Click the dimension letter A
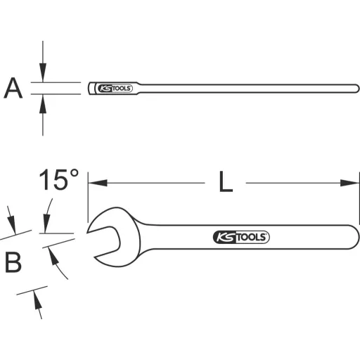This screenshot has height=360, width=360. click(13, 89)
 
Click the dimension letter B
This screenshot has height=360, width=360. click(13, 262)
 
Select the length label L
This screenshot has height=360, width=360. click(224, 183)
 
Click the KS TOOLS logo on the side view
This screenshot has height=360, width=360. click(113, 89)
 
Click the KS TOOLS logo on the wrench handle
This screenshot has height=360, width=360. click(240, 237)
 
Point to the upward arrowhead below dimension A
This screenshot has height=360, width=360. click(44, 103)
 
